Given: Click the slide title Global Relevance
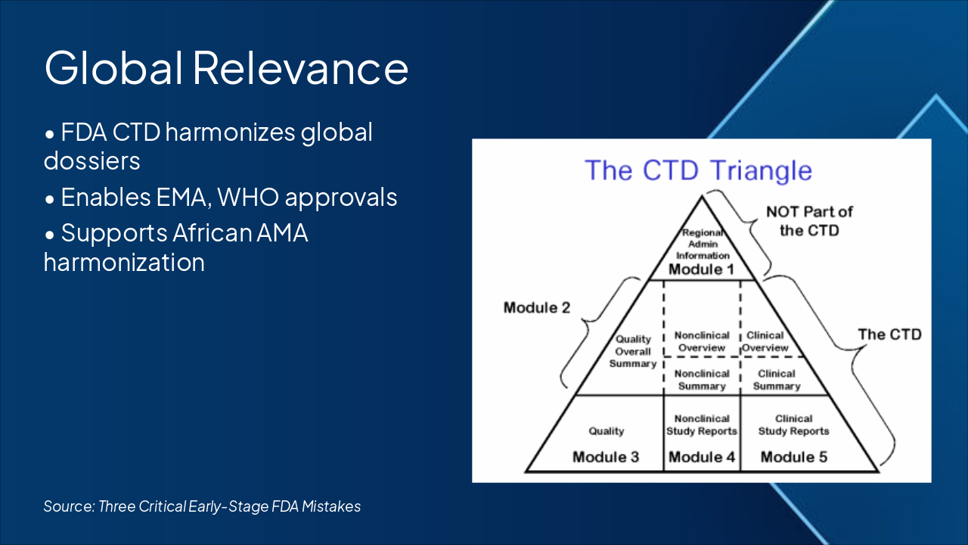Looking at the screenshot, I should click(226, 67).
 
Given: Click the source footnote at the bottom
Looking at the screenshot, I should click(202, 506).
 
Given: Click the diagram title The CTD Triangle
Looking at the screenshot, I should click(698, 170).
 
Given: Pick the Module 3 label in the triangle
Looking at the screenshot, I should click(606, 456).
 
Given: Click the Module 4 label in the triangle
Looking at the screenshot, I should click(702, 456).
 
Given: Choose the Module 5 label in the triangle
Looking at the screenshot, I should click(794, 456).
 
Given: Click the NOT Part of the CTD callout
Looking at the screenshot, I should click(809, 220).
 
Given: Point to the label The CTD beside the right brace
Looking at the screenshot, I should click(890, 334).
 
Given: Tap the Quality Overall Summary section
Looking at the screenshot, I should click(633, 352).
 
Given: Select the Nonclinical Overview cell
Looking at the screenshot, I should click(702, 341).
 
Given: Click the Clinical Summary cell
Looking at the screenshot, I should click(777, 379).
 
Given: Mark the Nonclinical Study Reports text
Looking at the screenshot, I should click(702, 425).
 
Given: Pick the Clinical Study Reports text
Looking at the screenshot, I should click(794, 425).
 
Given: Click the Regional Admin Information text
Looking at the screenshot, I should click(703, 244).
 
